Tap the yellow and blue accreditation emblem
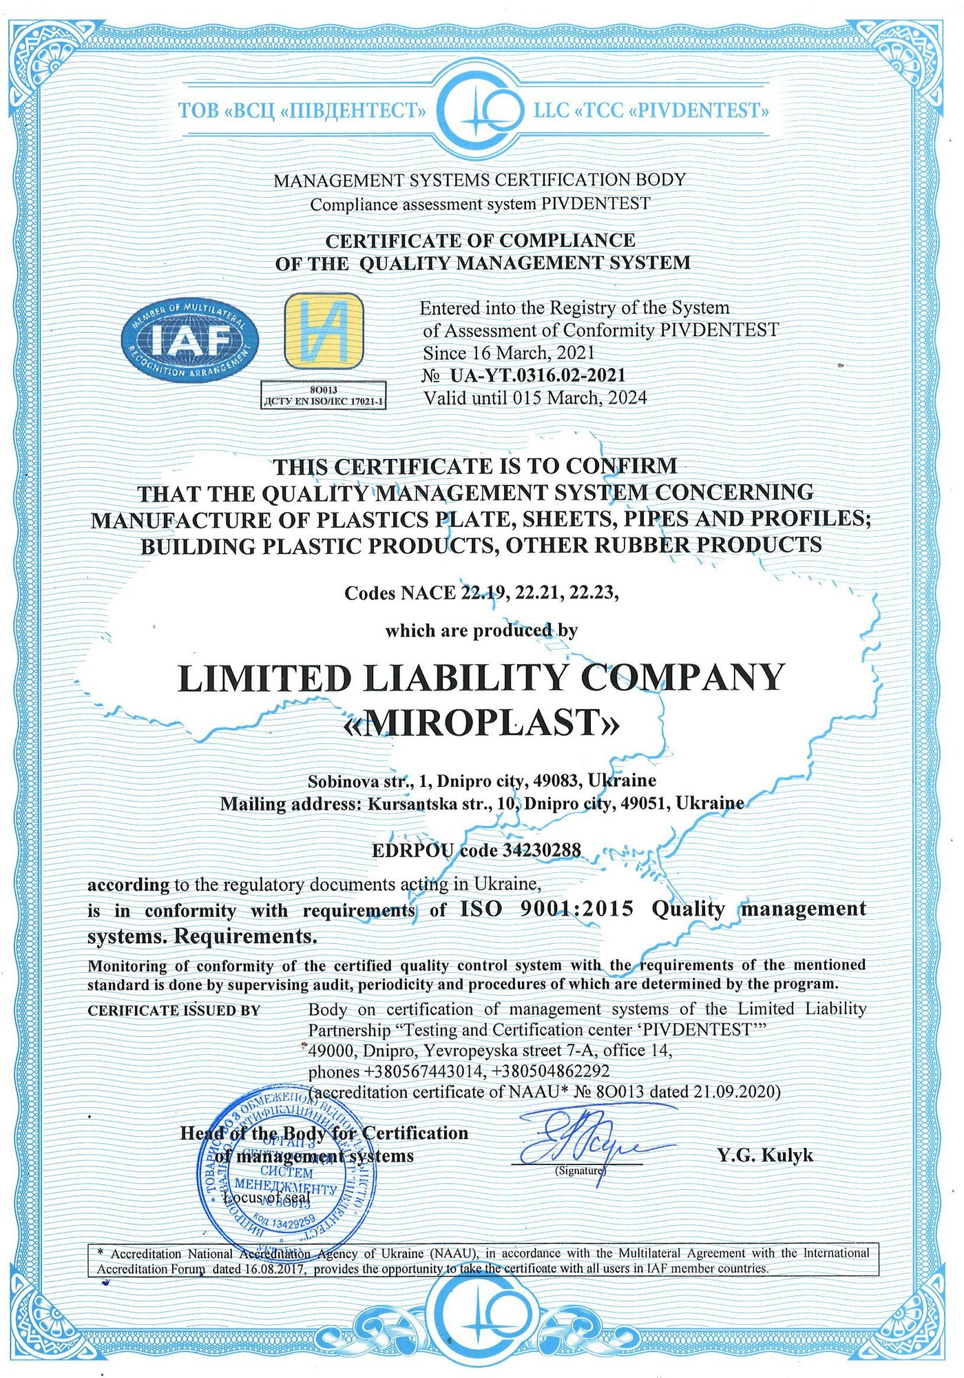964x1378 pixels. click(324, 331)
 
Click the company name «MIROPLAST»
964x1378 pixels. click(481, 723)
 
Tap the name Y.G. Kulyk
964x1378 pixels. click(765, 1155)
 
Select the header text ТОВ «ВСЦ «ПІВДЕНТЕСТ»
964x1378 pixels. click(302, 110)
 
